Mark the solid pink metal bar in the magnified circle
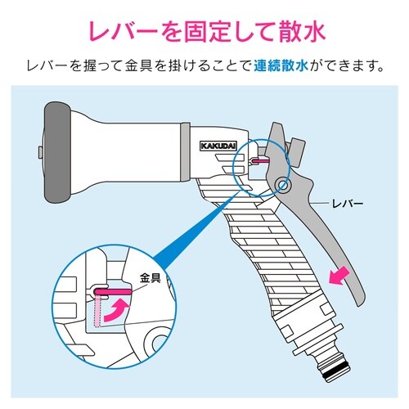coord(110,290)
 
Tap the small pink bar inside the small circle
coord(258,162)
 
